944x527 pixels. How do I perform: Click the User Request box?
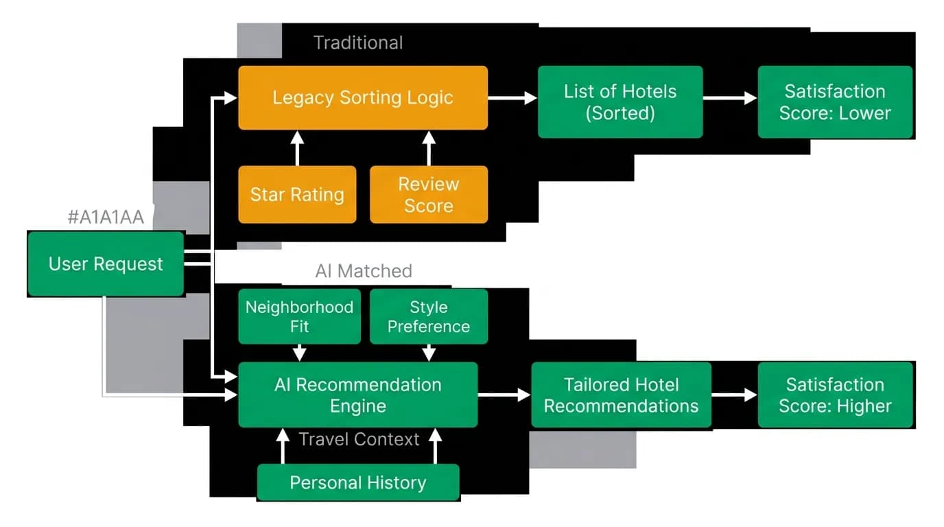(x=106, y=264)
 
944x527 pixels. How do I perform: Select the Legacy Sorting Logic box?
(x=363, y=97)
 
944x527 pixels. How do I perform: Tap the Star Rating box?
(x=297, y=194)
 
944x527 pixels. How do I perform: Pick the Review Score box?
(x=429, y=194)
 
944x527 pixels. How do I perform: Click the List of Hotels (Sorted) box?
(x=620, y=102)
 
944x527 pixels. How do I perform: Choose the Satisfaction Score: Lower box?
(x=835, y=102)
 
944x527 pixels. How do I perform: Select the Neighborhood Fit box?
(x=299, y=316)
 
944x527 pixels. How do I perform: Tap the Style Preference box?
(x=429, y=316)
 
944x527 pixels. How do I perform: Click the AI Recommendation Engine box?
(x=358, y=395)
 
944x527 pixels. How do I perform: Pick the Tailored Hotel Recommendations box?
(x=621, y=395)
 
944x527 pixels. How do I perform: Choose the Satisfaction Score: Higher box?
(x=835, y=395)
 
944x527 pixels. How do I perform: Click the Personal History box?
(x=358, y=482)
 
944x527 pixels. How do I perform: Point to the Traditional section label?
(x=358, y=43)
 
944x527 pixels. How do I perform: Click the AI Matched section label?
(x=364, y=270)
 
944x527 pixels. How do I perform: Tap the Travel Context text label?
(x=359, y=439)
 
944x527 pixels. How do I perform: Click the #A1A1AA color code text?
(x=106, y=217)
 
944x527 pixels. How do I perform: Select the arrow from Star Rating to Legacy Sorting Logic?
(x=297, y=148)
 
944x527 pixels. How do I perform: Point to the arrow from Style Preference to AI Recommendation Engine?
(x=429, y=353)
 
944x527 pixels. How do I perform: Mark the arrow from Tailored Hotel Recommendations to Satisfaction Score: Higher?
(x=735, y=395)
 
